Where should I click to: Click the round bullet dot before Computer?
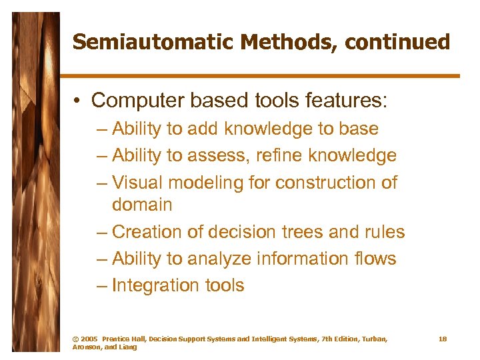pyautogui.click(x=78, y=101)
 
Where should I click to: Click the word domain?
pyautogui.click(x=142, y=205)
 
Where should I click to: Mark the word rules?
pyautogui.click(x=383, y=232)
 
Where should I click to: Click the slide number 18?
pyautogui.click(x=442, y=339)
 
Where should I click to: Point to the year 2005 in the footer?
pyautogui.click(x=91, y=339)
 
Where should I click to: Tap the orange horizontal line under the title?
pyautogui.click(x=260, y=76)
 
